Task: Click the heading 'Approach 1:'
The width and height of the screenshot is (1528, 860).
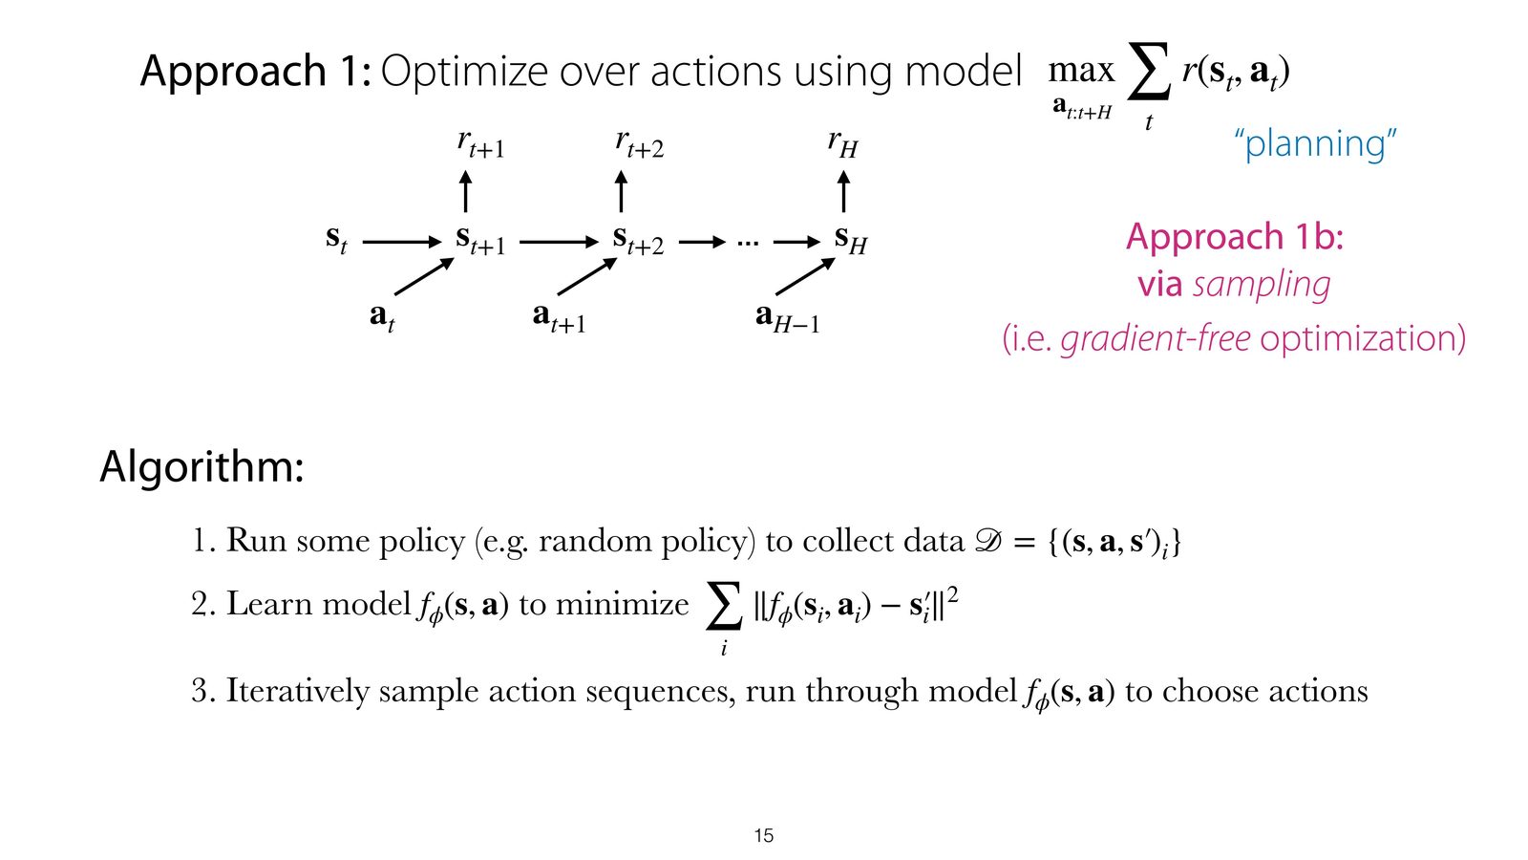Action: tap(256, 71)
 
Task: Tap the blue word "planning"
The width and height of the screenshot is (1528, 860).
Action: tap(1316, 143)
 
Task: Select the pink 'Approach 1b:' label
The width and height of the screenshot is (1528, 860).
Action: tap(1235, 237)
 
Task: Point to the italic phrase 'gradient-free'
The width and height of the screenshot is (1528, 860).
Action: tap(1156, 338)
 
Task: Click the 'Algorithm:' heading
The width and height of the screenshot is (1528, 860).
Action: tap(202, 467)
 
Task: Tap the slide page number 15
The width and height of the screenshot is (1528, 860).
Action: tap(764, 835)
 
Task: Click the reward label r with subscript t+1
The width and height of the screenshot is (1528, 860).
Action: tap(481, 144)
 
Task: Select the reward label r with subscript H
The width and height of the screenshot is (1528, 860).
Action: tap(842, 143)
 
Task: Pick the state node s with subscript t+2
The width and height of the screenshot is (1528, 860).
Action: tap(638, 240)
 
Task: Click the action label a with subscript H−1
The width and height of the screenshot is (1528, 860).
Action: tap(787, 318)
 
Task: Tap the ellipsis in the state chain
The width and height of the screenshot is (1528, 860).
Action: tap(748, 243)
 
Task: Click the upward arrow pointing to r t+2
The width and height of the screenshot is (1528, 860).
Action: tap(621, 191)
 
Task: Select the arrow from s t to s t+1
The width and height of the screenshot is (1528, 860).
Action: tap(402, 242)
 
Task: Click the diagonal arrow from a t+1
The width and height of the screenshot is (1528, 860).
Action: tap(587, 276)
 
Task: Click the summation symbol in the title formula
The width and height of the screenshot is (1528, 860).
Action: tap(1149, 71)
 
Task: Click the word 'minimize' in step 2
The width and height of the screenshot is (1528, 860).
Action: tap(622, 604)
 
